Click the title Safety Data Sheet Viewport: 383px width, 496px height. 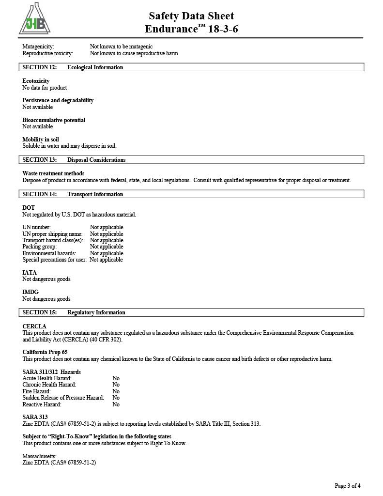191,16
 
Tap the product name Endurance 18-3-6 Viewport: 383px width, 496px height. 191,29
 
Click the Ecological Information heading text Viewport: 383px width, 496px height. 95,67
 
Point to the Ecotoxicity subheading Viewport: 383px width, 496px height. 36,81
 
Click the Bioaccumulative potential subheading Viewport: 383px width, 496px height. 54,120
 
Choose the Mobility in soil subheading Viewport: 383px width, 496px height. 41,139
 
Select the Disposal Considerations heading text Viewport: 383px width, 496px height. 96,160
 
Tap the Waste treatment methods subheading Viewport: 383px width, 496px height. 53,173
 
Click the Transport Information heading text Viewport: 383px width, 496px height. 95,194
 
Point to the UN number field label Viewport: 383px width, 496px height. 36,227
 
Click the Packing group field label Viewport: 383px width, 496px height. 39,247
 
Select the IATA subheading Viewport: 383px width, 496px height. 30,273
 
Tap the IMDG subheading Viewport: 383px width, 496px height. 31,292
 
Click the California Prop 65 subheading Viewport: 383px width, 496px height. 45,352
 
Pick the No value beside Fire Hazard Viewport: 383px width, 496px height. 116,391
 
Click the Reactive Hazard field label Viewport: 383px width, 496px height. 42,404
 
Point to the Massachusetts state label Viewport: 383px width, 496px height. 39,456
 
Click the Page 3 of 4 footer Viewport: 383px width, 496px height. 347,486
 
